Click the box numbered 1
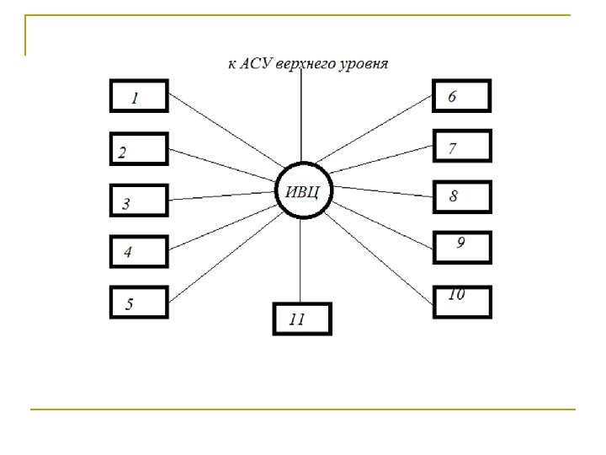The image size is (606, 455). (x=139, y=96)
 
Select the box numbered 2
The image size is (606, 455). (x=139, y=150)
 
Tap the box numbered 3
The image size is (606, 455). (x=139, y=201)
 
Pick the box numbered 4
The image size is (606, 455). (x=139, y=251)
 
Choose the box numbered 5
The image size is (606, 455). (x=139, y=302)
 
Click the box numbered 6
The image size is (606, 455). (x=461, y=96)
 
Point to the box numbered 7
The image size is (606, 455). (x=461, y=147)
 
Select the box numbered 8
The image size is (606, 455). (x=461, y=196)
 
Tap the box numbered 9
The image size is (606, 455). (x=461, y=246)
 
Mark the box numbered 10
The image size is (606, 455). (x=461, y=301)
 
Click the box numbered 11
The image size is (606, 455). (x=302, y=319)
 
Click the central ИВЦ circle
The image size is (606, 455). (x=303, y=190)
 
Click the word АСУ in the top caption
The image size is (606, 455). (x=259, y=64)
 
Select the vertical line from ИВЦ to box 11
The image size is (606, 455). (x=301, y=261)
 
